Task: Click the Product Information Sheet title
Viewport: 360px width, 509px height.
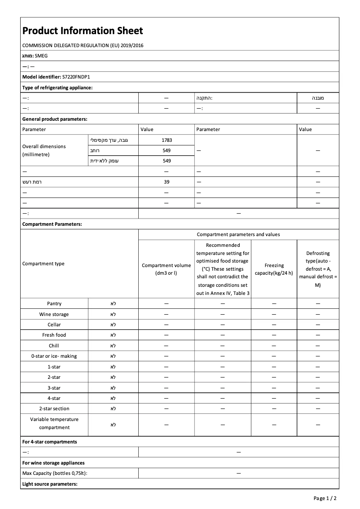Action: pyautogui.click(x=83, y=31)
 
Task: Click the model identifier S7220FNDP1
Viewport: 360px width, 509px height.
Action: pyautogui.click(x=76, y=77)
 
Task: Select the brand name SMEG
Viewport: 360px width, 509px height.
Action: pyautogui.click(x=41, y=56)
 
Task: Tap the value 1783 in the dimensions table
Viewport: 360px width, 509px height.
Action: pyautogui.click(x=167, y=140)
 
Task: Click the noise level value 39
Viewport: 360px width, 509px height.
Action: pyautogui.click(x=167, y=182)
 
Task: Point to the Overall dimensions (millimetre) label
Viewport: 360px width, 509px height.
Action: pyautogui.click(x=44, y=150)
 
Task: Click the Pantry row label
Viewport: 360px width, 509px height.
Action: pyautogui.click(x=54, y=304)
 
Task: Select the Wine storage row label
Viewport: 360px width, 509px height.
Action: pyautogui.click(x=54, y=314)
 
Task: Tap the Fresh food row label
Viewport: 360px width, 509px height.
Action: pyautogui.click(x=54, y=335)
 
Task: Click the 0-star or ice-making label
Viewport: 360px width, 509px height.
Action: pyautogui.click(x=54, y=356)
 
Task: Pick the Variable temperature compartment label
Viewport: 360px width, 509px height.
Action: pyautogui.click(x=54, y=423)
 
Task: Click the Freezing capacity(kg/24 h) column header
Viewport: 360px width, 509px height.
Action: pyautogui.click(x=274, y=269)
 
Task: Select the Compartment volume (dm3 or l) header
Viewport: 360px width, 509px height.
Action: pyautogui.click(x=167, y=269)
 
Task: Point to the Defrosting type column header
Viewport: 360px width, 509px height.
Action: pyautogui.click(x=318, y=269)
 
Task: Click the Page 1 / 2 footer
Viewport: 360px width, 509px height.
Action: pyautogui.click(x=325, y=498)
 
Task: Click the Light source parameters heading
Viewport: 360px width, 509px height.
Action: pyautogui.click(x=50, y=484)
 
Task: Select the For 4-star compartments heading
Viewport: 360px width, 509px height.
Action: pyautogui.click(x=49, y=442)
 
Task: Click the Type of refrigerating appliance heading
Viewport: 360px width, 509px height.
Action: pyautogui.click(x=57, y=88)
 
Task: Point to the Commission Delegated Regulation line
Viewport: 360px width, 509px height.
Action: pyautogui.click(x=83, y=45)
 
